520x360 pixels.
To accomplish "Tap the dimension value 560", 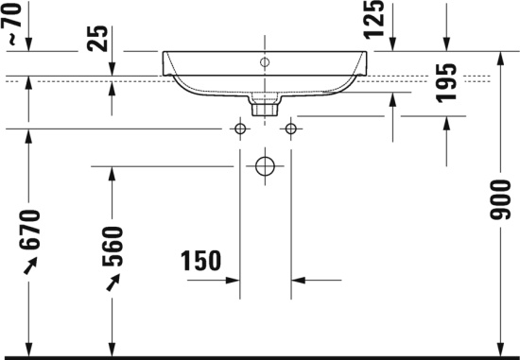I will click(113, 248).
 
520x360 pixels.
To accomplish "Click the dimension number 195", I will click(445, 83).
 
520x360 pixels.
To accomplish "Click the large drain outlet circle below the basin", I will click(265, 166).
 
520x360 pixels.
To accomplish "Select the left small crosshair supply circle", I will click(240, 128).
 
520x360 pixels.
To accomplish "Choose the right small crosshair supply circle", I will click(290, 128).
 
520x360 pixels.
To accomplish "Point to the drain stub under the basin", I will click(265, 102).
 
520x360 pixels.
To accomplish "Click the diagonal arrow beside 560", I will click(113, 281).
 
